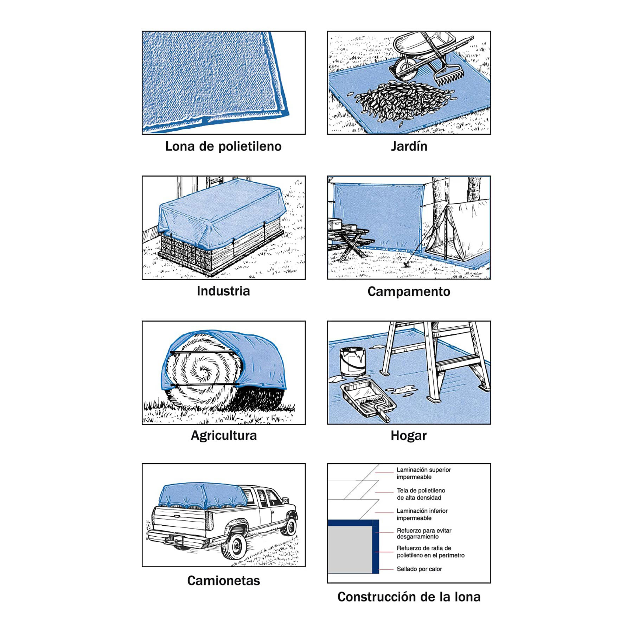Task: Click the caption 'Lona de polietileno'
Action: pos(223,146)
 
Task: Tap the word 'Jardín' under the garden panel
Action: pos(409,146)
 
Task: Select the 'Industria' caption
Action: pos(223,291)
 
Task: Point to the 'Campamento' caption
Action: pos(409,292)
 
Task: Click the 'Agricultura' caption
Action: pos(224,436)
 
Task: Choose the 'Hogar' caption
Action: pos(409,436)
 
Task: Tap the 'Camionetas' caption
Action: pos(223,581)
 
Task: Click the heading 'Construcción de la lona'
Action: pos(409,597)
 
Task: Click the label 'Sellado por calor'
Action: pos(419,569)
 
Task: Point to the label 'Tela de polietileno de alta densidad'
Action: pos(421,494)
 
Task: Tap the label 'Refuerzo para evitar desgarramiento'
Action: pos(424,533)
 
